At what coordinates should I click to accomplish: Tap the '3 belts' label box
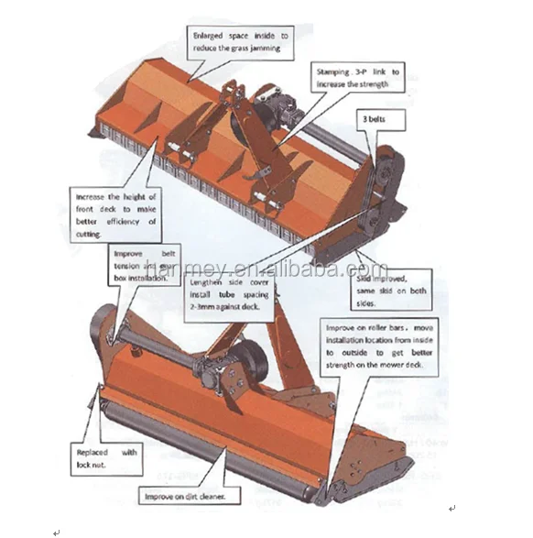(x=377, y=120)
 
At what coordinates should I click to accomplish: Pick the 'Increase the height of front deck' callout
(x=115, y=214)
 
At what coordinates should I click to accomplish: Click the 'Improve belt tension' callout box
(x=145, y=264)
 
